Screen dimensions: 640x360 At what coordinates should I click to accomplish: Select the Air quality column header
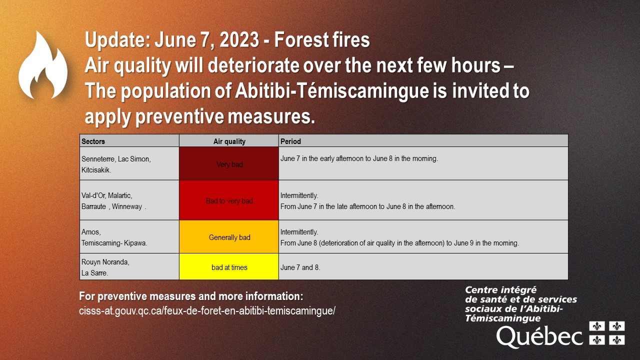229,141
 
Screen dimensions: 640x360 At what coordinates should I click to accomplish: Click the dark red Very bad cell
229,163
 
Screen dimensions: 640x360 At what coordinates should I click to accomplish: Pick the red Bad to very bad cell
229,200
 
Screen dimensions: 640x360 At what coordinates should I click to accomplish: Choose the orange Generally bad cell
229,237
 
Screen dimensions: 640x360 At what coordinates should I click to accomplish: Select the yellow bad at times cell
229,267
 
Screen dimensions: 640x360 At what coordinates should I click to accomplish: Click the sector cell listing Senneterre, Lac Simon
129,163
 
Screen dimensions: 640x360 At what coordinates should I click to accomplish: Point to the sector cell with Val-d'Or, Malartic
129,200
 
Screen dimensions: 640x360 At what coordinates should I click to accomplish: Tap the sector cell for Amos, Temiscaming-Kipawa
129,237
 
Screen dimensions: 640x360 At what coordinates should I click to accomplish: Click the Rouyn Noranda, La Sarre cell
129,267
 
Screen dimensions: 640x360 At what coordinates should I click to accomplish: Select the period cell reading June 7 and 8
423,267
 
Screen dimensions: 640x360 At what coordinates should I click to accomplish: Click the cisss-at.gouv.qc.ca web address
207,311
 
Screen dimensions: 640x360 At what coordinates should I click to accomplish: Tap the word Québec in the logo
539,337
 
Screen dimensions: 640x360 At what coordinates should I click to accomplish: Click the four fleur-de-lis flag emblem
607,333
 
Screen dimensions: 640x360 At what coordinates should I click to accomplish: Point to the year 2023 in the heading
239,39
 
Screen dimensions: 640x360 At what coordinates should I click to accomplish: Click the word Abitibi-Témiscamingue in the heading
332,91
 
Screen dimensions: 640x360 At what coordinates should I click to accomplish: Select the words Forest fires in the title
322,39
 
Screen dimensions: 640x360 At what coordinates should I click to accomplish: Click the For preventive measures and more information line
191,296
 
